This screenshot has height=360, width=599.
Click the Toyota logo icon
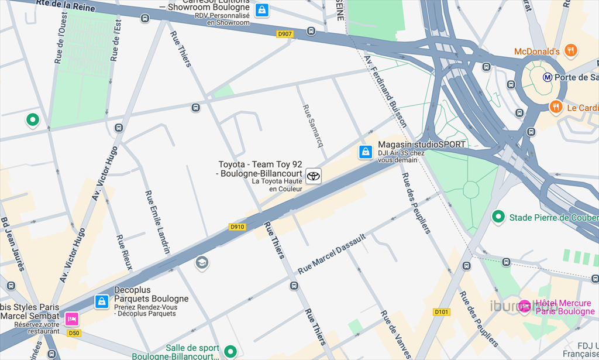[x=314, y=176]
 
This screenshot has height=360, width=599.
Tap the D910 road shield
[x=237, y=227]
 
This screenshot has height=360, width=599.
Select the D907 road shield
[x=284, y=34]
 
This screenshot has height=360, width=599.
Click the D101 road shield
[x=442, y=312]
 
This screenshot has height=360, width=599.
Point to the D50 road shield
[x=73, y=333]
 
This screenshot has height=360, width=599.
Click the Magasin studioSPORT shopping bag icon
[x=366, y=152]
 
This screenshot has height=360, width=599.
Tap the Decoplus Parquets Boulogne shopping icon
[x=102, y=302]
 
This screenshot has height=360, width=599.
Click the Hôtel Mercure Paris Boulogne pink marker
[x=525, y=306]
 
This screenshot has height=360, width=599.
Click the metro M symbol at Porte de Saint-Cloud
[x=548, y=77]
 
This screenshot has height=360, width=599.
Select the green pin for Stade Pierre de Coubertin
[x=498, y=217]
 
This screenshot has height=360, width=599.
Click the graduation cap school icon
[x=202, y=262]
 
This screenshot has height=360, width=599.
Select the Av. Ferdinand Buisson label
[x=385, y=91]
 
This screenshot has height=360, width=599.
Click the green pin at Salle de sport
[x=230, y=351]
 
